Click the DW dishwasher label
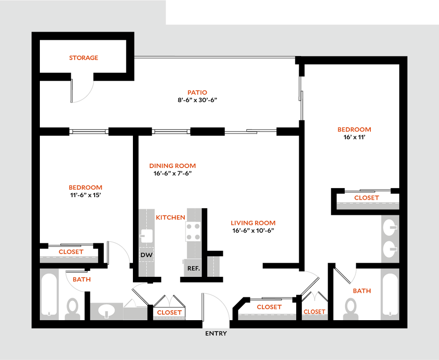pyautogui.click(x=147, y=255)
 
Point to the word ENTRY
pyautogui.click(x=216, y=333)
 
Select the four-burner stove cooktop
pyautogui.click(x=193, y=231)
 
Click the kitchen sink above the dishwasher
pyautogui.click(x=147, y=235)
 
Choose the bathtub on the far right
pyautogui.click(x=389, y=294)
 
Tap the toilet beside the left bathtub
pyautogui.click(x=72, y=309)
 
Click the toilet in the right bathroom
pyautogui.click(x=351, y=309)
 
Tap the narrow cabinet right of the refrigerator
pyautogui.click(x=214, y=266)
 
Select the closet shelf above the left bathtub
pyautogui.click(x=69, y=259)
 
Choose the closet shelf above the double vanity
pyautogui.click(x=367, y=206)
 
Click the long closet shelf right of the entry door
pyautogui.click(x=267, y=317)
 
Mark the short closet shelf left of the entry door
pyautogui.click(x=169, y=318)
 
